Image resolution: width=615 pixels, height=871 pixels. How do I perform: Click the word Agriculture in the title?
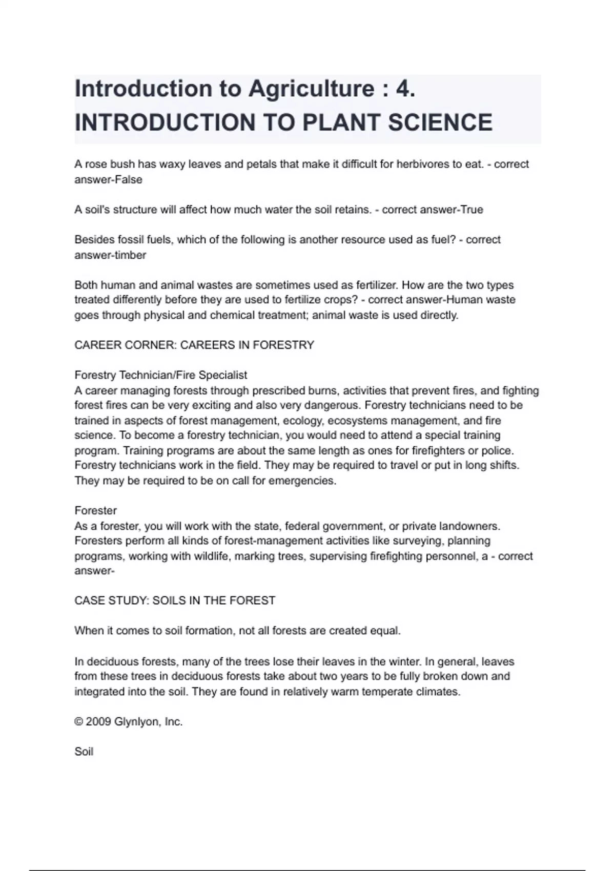312,89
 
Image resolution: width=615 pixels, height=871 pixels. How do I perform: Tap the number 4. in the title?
405,89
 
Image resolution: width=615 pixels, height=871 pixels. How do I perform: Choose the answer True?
471,210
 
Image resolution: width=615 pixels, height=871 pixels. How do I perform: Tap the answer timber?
130,255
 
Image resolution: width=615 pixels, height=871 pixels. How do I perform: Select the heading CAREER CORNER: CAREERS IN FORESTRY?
194,345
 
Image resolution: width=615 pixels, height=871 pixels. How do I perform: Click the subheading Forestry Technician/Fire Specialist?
161,375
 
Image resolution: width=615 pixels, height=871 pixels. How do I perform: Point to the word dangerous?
332,405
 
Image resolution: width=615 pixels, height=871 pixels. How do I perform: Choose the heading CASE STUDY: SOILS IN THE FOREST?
175,600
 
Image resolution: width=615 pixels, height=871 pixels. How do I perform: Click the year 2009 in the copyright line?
98,722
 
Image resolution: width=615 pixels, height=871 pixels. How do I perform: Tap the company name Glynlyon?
137,722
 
